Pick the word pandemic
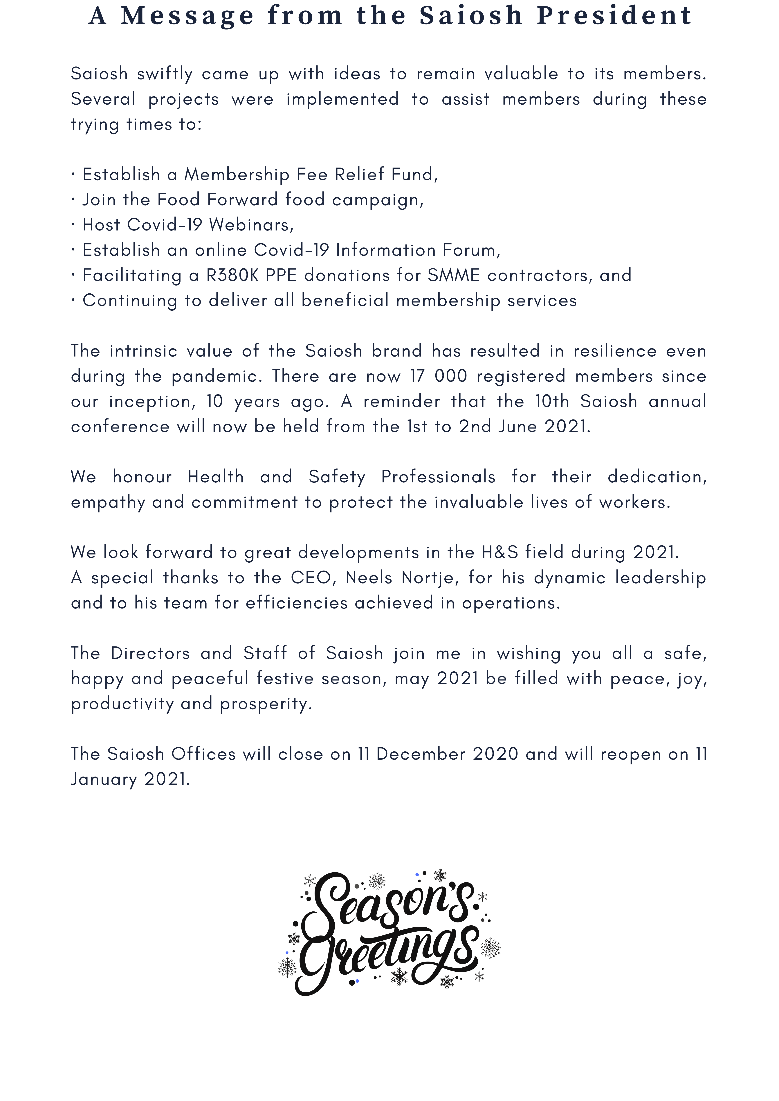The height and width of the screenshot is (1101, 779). pyautogui.click(x=217, y=376)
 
